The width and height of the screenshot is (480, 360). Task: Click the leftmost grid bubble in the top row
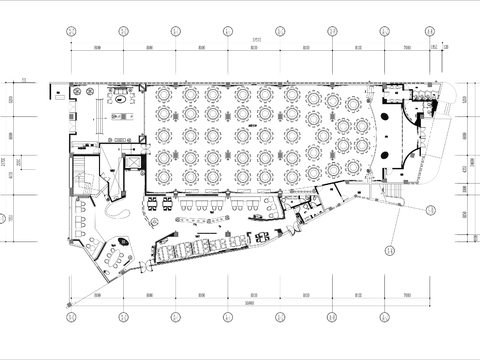point(69,31)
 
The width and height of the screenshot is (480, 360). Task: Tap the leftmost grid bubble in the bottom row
point(69,316)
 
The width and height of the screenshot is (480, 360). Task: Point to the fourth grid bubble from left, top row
point(231,31)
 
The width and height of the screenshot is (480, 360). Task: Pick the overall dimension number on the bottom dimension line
point(257,303)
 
